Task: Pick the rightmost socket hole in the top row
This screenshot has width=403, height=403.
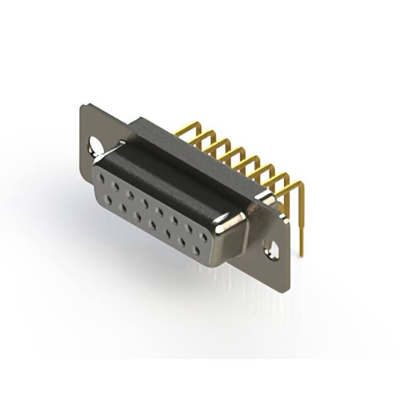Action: [x=203, y=237]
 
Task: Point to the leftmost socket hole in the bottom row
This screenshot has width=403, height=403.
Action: [x=110, y=200]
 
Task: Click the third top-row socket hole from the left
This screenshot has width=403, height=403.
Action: [x=130, y=196]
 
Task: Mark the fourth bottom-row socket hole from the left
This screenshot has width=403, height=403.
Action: [x=153, y=225]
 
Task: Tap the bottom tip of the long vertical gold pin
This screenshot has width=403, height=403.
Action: [x=302, y=254]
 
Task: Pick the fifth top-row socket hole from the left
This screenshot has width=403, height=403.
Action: [x=160, y=213]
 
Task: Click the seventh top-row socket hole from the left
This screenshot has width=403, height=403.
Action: [x=189, y=229]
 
